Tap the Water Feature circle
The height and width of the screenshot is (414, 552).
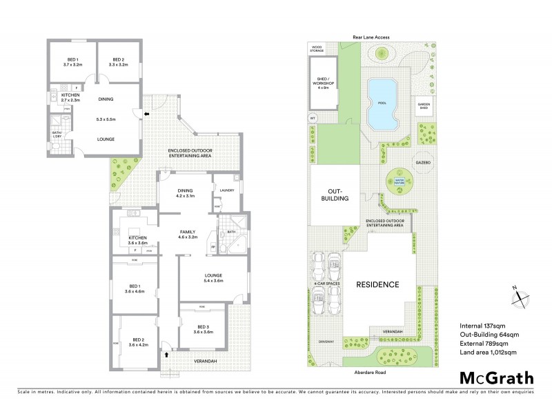click(397, 183)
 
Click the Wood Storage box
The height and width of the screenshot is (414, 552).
click(318, 48)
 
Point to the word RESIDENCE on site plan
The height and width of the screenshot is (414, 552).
click(377, 284)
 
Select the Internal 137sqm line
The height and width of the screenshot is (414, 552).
click(481, 325)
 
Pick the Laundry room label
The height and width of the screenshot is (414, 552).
click(226, 191)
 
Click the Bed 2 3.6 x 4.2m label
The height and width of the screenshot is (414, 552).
click(139, 342)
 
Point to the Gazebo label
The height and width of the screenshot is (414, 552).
click(422, 162)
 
